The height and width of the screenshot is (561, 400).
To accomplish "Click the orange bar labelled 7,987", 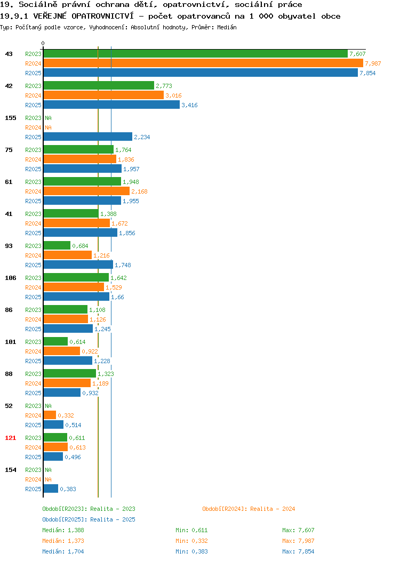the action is [203, 63].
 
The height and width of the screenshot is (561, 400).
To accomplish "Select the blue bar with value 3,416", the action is [111, 105].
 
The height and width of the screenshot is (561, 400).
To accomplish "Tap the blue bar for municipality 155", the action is [88, 137].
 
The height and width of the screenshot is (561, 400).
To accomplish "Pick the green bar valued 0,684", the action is [57, 246].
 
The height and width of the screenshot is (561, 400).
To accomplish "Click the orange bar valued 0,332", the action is [50, 415].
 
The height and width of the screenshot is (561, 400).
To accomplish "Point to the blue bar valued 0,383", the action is [51, 489].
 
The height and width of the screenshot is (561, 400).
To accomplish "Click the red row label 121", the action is [10, 438].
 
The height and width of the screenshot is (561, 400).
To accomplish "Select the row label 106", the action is [10, 278].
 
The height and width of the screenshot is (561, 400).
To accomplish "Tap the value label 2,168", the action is [139, 192].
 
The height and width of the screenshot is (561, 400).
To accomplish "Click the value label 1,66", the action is [117, 298].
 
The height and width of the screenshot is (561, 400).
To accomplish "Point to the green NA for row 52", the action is [49, 406].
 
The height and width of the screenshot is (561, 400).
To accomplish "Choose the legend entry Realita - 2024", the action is [249, 509].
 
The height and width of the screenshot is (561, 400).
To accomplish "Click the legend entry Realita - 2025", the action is [89, 519].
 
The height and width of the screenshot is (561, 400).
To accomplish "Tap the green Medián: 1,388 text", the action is [63, 530].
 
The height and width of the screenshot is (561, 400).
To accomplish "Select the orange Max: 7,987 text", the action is [298, 541].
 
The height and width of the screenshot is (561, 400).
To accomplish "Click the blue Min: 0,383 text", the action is [191, 552].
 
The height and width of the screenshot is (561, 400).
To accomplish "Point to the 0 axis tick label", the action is [43, 44].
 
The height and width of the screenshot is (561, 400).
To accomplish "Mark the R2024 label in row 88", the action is [33, 383].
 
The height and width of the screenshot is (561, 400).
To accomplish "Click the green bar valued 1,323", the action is [70, 374].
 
